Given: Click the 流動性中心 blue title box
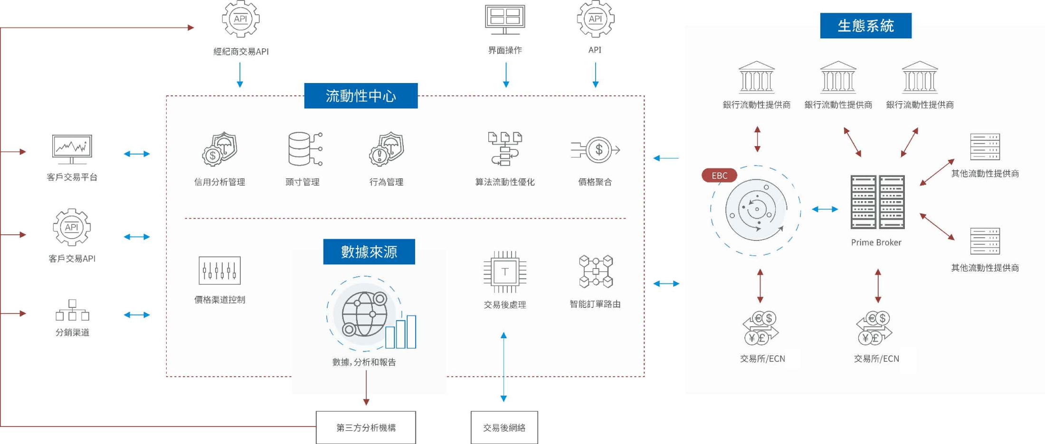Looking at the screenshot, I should pos(361,96).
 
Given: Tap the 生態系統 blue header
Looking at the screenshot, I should pos(865,26).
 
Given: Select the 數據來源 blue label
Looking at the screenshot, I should pos(369,251).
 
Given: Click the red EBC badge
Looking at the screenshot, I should pos(719,176).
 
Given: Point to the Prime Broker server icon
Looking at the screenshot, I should pos(877,202).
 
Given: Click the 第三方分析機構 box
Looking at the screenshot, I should pos(366,427).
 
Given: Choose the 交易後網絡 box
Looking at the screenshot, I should pos(504,427).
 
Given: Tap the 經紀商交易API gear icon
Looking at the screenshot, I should pos(240,19).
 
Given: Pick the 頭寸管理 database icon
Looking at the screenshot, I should pos(304,149).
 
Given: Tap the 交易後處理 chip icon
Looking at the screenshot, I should pos(504,272).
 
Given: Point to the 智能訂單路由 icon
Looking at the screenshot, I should pos(596,272).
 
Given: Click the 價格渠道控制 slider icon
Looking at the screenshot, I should pos(219,270).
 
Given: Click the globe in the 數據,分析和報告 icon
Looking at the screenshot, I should pos(365,314).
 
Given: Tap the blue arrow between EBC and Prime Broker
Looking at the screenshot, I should pos(825,209).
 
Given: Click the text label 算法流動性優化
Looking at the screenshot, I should pos(504,182).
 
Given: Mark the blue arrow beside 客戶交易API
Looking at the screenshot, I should pos(137,237).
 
